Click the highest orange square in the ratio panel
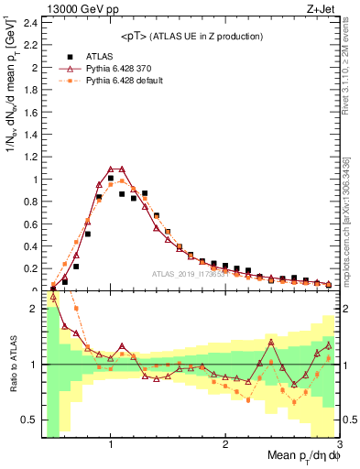coord(76,308)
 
